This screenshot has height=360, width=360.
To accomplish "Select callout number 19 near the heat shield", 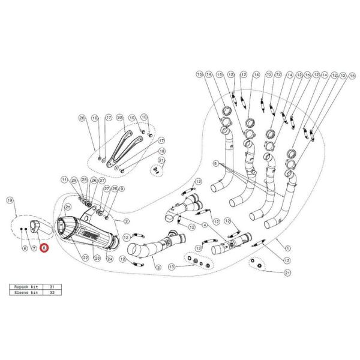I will point(10,199).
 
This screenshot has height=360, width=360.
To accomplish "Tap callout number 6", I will point(24,247).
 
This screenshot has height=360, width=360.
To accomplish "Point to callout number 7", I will point(34,247).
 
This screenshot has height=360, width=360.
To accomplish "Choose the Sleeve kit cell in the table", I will point(25,295).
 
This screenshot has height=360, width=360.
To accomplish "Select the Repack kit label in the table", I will point(25,288).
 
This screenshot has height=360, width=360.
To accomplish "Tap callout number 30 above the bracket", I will point(119,117).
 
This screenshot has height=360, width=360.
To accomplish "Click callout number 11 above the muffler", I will point(64,180).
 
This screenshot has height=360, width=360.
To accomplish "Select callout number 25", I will point(68,206).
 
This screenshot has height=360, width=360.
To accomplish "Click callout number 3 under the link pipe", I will point(158,266).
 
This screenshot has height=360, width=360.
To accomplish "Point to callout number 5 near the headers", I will point(214,163).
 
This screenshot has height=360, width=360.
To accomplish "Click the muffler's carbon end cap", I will point(63,230).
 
